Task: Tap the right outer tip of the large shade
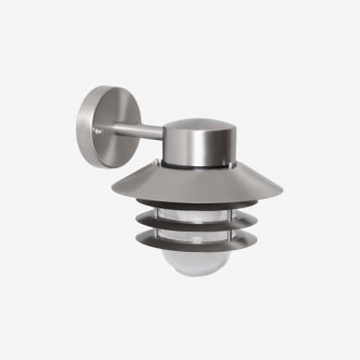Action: (281, 196)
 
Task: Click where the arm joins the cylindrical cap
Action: (164, 131)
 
